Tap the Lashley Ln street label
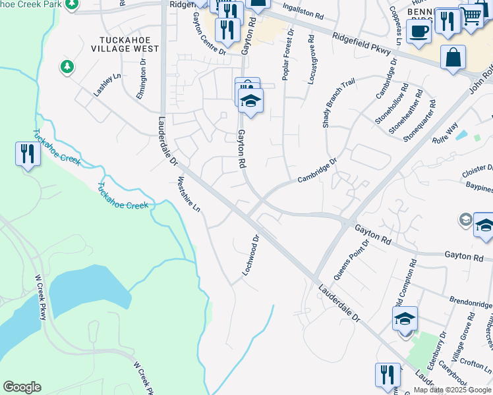pyautogui.click(x=107, y=85)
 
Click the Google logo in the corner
pyautogui.click(x=22, y=387)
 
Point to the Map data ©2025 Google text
pyautogui.click(x=453, y=390)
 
